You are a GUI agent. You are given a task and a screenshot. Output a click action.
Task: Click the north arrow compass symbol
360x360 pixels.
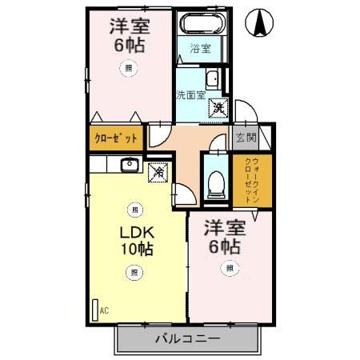tap(260, 23)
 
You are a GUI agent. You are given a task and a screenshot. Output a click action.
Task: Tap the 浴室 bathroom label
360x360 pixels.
tap(199, 49)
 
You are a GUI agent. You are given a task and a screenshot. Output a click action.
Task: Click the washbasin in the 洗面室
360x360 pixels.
tap(212, 79)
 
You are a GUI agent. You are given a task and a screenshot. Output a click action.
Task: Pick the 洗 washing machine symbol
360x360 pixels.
tap(218, 105)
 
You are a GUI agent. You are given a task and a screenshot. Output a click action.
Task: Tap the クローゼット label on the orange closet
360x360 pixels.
tap(115, 138)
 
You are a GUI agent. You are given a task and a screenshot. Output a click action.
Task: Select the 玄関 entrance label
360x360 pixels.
tap(246, 138)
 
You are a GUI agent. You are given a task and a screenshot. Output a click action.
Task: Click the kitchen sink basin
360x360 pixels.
tap(129, 166)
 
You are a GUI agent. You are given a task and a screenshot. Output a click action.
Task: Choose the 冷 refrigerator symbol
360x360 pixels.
tap(158, 170)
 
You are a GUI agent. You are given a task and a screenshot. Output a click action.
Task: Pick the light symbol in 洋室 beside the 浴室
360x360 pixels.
tap(128, 70)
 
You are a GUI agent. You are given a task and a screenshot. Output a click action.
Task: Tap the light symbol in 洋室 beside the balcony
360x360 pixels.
tap(230, 268)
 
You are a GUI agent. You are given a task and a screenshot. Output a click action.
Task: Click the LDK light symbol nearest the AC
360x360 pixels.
tap(133, 274)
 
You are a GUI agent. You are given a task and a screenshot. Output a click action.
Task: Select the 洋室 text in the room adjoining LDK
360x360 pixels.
tap(224, 227)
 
